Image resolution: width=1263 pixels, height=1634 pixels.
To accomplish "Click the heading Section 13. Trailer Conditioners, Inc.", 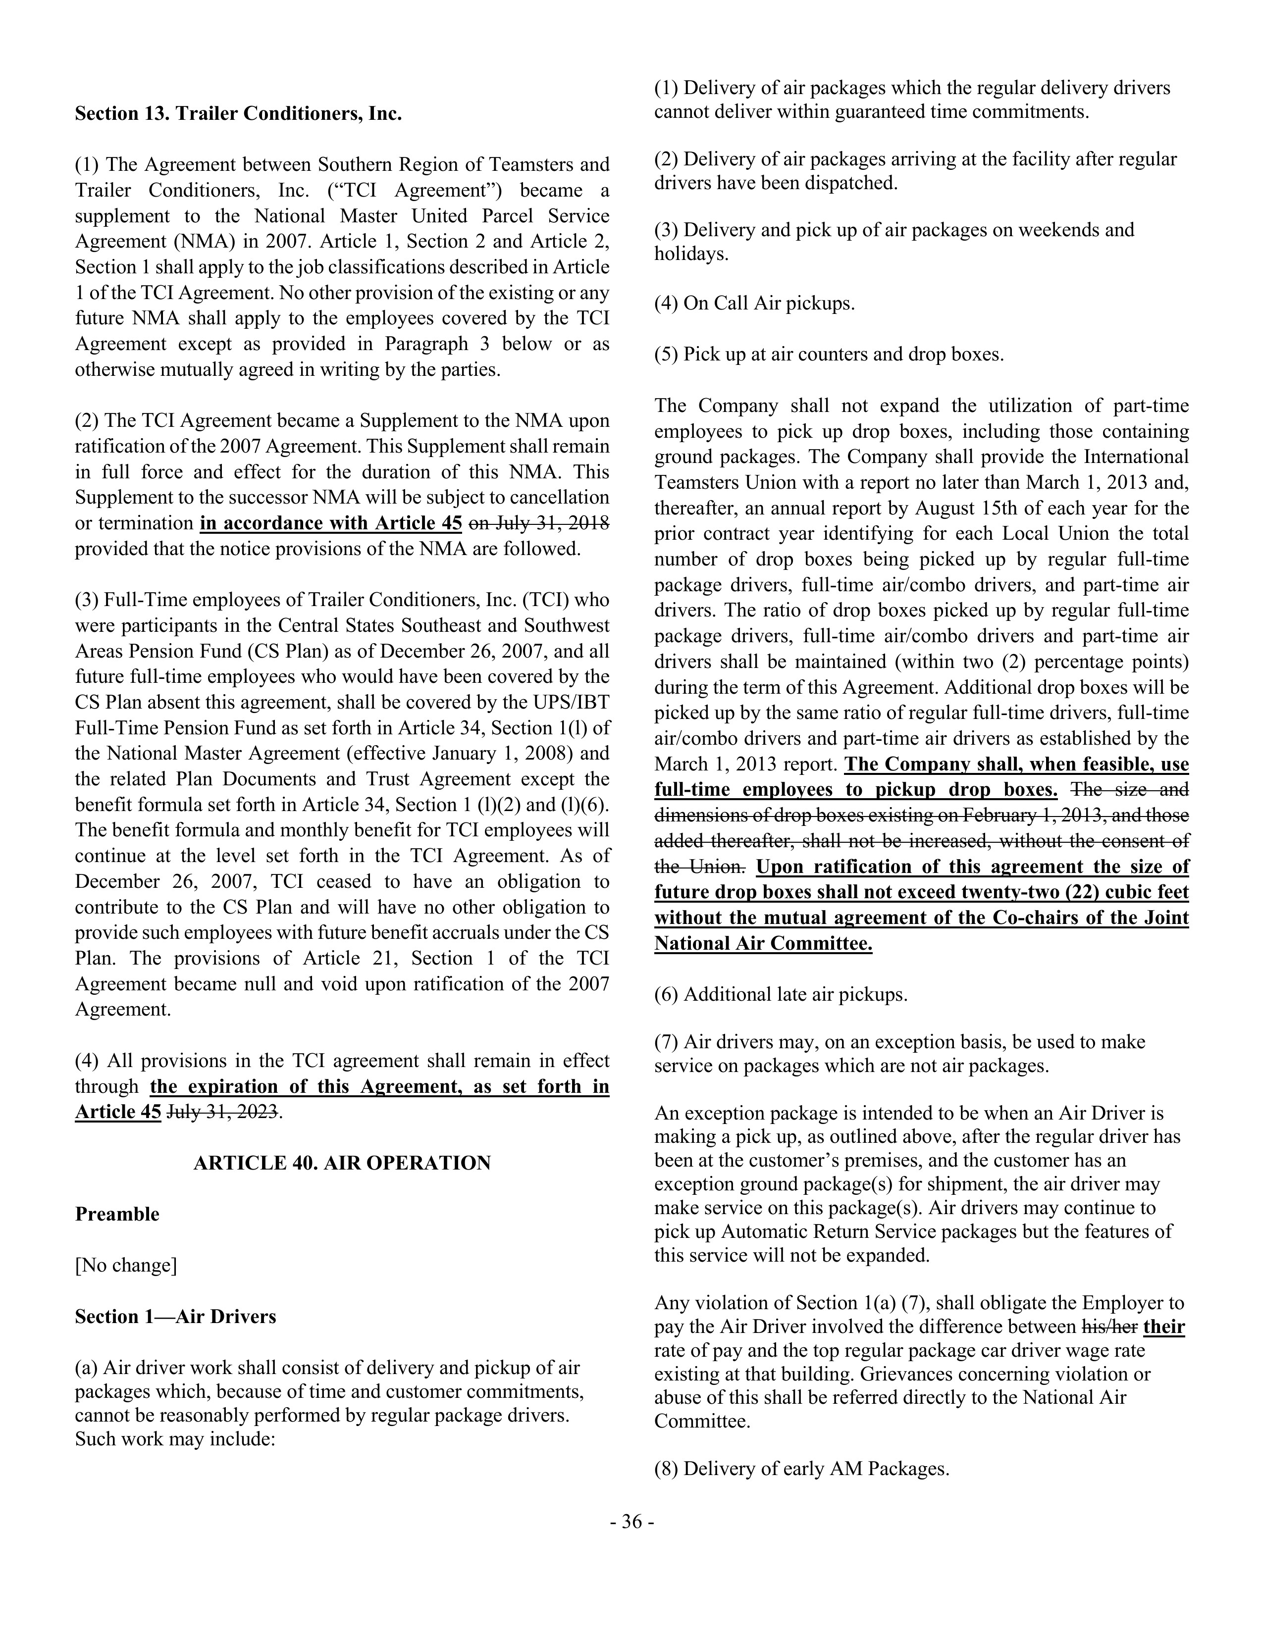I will click(238, 114).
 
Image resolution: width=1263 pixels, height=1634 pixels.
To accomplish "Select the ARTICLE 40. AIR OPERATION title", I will click(342, 1163).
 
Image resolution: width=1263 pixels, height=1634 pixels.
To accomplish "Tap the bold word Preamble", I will click(117, 1214).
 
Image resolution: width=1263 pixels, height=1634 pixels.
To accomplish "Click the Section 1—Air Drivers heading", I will click(175, 1316).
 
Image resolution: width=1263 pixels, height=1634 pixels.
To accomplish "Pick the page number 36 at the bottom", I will click(631, 1522).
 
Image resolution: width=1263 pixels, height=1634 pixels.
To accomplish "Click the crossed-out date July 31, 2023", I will click(223, 1112).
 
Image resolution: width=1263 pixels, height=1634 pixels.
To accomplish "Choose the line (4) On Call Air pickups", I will click(754, 303).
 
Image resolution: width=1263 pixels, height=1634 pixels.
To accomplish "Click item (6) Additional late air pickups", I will click(781, 994).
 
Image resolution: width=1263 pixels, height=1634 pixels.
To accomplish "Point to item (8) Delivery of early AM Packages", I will click(801, 1469).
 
